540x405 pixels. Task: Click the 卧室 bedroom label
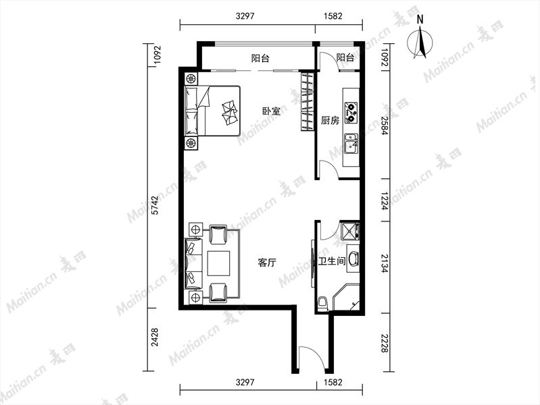(271, 111)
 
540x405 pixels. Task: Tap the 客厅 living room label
(267, 263)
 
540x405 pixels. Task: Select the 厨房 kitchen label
(330, 120)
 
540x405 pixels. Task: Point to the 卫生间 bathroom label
(332, 261)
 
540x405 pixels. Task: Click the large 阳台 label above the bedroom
(260, 58)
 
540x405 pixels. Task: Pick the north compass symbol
(420, 40)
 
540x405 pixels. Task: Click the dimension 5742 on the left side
(155, 205)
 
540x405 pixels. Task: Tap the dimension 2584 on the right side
(385, 126)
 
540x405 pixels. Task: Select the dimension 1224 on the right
(385, 201)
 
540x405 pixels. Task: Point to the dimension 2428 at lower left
(155, 337)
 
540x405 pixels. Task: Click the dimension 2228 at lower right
(385, 343)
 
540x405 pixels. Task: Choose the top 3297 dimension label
(245, 16)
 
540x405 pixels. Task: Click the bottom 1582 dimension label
(333, 382)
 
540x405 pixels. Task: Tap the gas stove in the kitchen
(351, 113)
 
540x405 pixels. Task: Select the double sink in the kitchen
(351, 143)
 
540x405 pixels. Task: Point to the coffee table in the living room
(218, 263)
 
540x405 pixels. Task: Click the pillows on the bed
(229, 112)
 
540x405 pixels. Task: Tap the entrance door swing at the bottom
(312, 360)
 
